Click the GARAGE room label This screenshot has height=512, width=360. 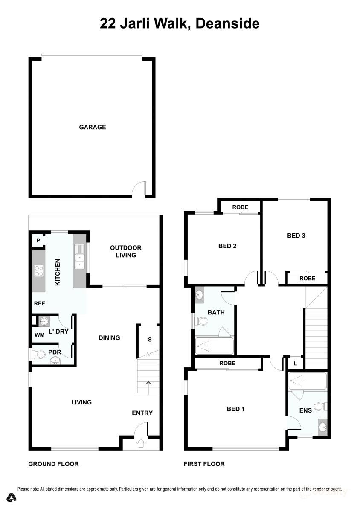point(92,127)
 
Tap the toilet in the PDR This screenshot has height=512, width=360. point(39,354)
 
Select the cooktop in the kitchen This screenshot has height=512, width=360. point(39,271)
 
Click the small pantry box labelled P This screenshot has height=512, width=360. point(38,241)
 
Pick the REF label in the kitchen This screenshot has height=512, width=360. point(40,303)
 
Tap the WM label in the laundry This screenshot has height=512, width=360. point(40,335)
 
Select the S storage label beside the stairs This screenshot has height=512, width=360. point(149,340)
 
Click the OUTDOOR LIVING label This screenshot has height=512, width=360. point(125,251)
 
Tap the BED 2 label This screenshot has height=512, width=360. point(227,246)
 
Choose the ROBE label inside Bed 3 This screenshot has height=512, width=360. point(307,278)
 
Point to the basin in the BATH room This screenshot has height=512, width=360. point(200,294)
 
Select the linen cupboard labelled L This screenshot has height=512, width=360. point(295,363)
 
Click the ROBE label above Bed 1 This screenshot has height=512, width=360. point(227,364)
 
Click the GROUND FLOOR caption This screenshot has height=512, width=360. point(53,464)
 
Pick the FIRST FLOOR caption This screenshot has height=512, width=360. point(204,464)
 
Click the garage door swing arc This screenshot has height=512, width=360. point(138,189)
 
